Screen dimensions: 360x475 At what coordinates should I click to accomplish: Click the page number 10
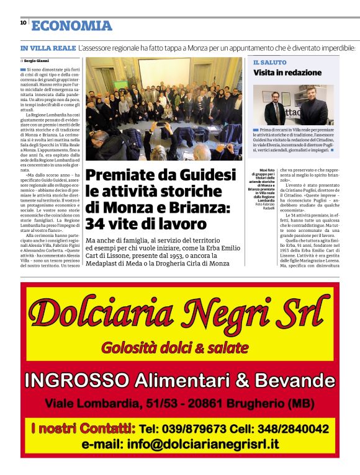tap(23, 22)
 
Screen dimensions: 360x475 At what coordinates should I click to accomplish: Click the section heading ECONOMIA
tap(72, 25)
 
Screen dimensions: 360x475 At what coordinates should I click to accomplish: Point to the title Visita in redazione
tap(286, 73)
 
